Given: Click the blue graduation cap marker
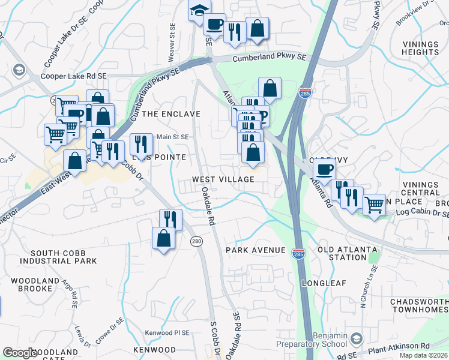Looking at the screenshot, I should pyautogui.click(x=198, y=11).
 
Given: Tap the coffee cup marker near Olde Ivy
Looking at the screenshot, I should pyautogui.click(x=325, y=170).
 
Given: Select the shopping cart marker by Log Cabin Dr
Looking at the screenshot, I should pyautogui.click(x=374, y=205).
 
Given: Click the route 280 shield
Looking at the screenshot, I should pyautogui.click(x=197, y=241).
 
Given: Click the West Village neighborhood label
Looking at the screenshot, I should pyautogui.click(x=223, y=179).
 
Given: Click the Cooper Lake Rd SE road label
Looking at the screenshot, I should pyautogui.click(x=73, y=77).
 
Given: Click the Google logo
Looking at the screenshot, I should pyautogui.click(x=19, y=353).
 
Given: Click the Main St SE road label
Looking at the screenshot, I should pyautogui.click(x=172, y=137).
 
